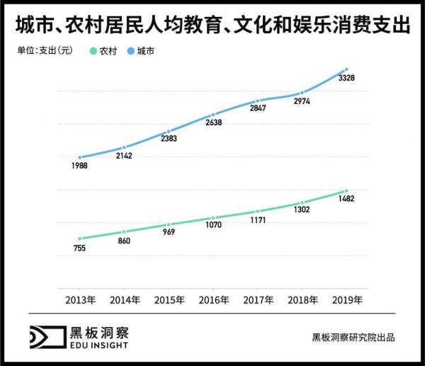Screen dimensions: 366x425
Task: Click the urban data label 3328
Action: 347,78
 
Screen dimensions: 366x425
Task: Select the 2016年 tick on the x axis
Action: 213,300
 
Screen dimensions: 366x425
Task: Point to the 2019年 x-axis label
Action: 347,300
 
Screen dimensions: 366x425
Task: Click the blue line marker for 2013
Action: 80,157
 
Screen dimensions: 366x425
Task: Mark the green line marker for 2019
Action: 346,190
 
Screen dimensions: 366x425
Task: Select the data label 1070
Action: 213,226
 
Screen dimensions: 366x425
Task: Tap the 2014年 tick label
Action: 124,300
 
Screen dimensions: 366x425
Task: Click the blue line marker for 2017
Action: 258,101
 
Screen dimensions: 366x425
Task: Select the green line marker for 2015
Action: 169,224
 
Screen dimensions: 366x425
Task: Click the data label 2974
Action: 302,102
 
